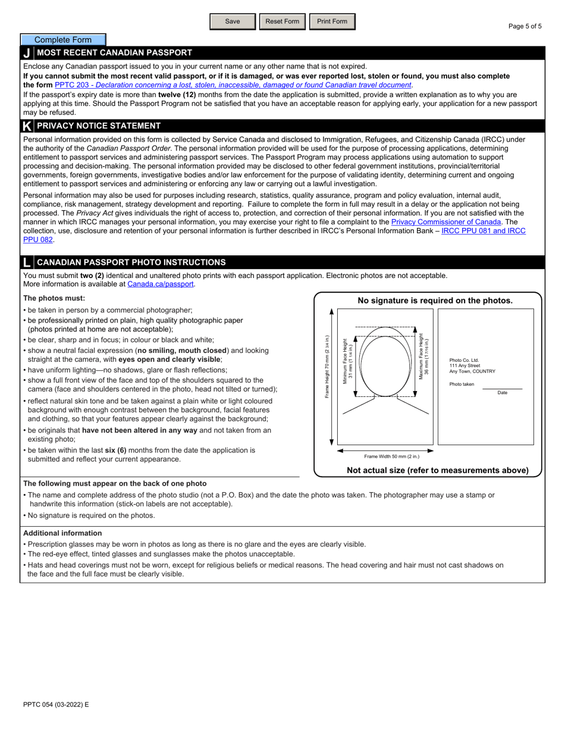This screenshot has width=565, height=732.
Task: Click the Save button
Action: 233,21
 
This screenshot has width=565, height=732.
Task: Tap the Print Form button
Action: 332,21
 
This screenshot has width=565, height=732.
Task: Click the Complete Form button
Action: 63,40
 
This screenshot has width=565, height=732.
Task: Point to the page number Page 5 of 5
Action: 525,26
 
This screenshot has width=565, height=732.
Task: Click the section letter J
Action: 27,53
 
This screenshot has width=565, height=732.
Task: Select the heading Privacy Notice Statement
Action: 99,126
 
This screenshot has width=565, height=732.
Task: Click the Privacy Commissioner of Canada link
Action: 446,222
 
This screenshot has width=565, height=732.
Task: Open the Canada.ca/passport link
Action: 161,284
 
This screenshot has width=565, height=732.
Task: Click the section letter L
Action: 27,262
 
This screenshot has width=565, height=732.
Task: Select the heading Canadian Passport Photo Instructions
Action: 131,262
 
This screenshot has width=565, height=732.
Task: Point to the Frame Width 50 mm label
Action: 391,456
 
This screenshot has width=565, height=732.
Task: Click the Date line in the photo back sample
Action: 501,389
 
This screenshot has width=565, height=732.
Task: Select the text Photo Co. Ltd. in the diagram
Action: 464,360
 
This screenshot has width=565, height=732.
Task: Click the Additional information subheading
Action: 62,533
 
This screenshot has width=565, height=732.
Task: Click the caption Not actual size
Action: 437,470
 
